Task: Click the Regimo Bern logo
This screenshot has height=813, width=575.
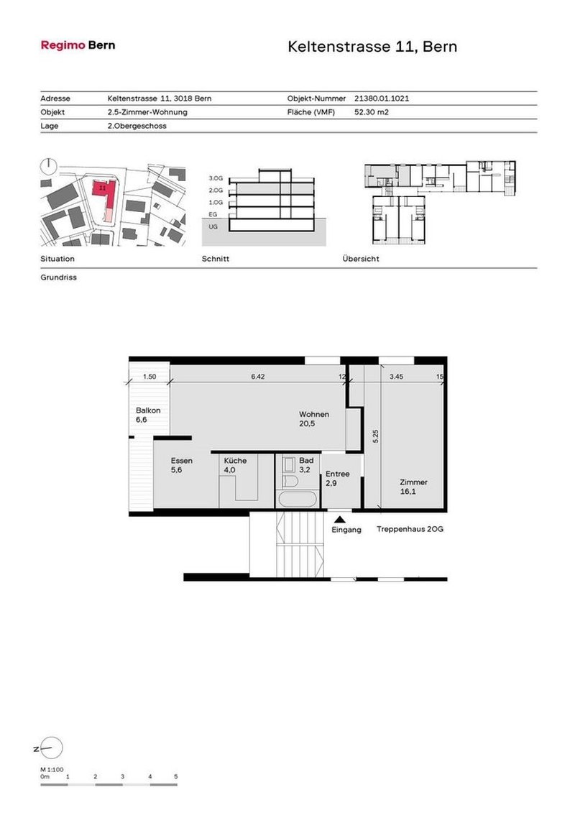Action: (78, 45)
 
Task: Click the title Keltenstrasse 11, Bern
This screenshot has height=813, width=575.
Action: (372, 47)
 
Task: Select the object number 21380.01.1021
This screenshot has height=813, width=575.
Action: (382, 98)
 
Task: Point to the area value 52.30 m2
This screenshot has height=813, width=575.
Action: (372, 112)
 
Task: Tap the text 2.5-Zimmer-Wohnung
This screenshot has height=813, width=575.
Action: (147, 112)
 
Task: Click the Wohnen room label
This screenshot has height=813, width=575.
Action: (314, 415)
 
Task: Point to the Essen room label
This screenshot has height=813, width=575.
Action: (181, 461)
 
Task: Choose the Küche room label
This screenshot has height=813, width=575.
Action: (235, 461)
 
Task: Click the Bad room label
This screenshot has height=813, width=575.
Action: (306, 460)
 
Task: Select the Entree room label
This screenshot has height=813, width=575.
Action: (337, 474)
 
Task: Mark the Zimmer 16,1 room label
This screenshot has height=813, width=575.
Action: (414, 482)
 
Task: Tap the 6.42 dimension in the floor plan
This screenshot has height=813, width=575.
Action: (258, 376)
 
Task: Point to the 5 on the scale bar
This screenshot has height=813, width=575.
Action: (176, 776)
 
